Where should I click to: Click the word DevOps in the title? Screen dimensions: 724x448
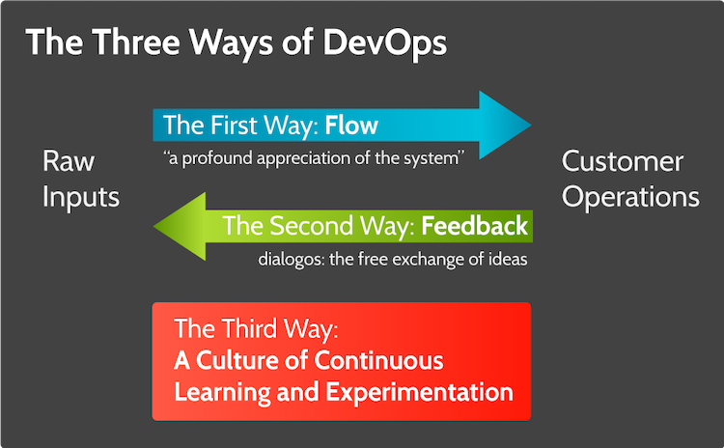[x=384, y=43]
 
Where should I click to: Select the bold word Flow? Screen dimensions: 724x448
[x=351, y=126]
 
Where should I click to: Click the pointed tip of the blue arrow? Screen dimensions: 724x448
[x=532, y=125]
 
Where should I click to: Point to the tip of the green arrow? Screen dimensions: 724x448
[x=153, y=226]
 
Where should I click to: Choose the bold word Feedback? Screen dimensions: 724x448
[x=474, y=226]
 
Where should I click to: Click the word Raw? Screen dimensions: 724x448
[x=69, y=161]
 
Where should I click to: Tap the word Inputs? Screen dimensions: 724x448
[x=81, y=198]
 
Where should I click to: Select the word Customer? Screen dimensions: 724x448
[x=623, y=161]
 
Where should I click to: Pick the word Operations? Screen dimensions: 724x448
[x=630, y=198]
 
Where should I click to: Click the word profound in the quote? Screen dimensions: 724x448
[x=217, y=158]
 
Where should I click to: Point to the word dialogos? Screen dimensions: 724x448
[x=291, y=259]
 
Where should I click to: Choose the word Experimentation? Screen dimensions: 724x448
[x=419, y=393]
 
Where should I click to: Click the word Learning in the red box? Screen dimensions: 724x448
[x=223, y=393]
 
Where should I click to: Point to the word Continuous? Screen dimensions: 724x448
[x=378, y=360]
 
